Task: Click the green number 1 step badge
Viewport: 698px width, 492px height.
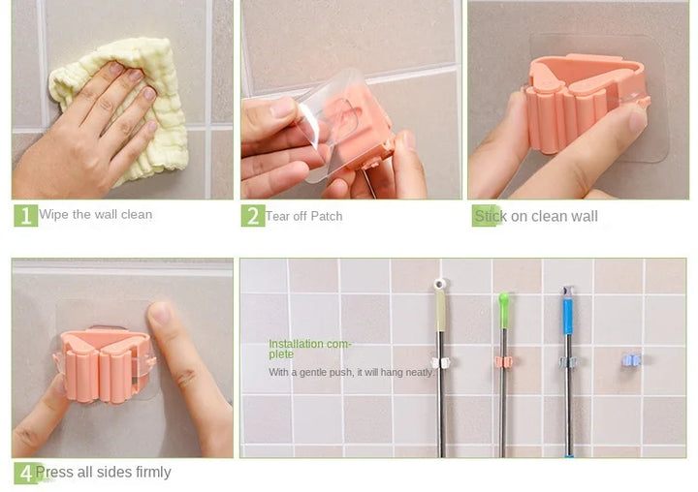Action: click(26, 215)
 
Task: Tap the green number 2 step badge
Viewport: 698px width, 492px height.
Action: click(253, 216)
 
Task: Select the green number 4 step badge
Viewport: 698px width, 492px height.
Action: click(25, 474)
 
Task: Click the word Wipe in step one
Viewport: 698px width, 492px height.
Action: click(54, 214)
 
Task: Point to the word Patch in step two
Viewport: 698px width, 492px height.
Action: click(327, 216)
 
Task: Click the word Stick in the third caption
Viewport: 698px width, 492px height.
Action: click(491, 216)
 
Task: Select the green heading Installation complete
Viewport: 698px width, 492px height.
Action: click(310, 349)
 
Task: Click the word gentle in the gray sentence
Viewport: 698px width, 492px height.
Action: click(311, 372)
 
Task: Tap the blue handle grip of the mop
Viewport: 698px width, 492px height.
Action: click(567, 316)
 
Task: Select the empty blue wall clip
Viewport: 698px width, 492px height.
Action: click(631, 360)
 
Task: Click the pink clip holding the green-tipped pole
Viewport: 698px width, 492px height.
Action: click(503, 362)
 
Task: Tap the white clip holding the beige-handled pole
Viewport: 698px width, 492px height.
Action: click(440, 362)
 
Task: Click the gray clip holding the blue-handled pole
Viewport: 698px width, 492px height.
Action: click(567, 363)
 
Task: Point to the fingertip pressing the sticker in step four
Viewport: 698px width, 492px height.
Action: click(160, 313)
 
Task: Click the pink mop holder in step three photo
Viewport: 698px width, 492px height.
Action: click(584, 104)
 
